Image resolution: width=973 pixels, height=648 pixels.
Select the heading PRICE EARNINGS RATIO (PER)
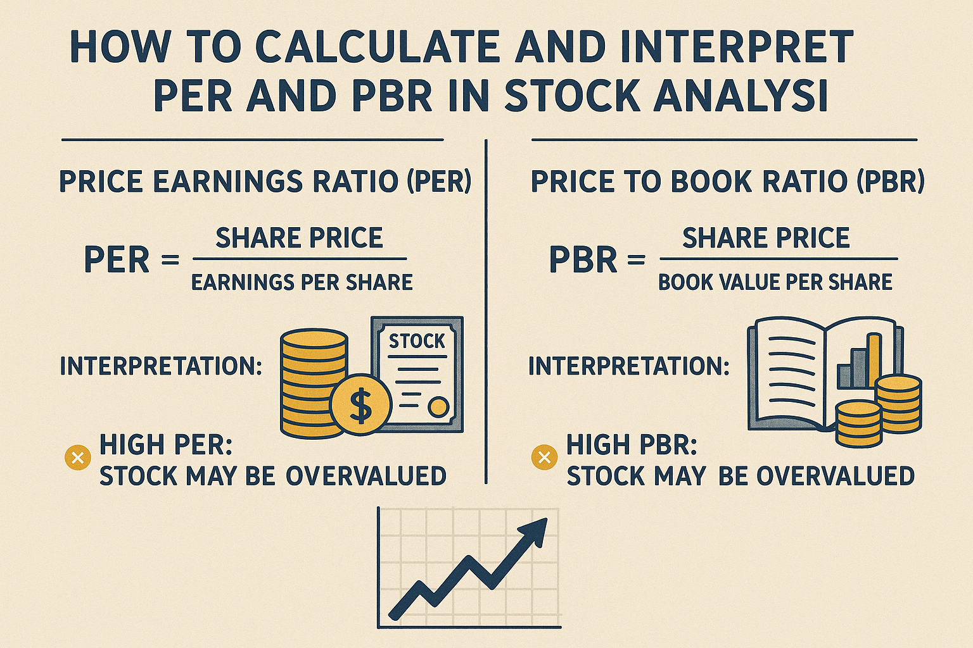click(265, 182)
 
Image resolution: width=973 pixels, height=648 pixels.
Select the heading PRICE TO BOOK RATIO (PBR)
click(727, 182)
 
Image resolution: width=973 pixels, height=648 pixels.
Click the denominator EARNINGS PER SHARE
click(302, 282)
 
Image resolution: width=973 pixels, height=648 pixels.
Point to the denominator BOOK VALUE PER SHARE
click(775, 282)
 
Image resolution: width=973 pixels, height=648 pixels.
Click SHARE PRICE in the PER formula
click(299, 238)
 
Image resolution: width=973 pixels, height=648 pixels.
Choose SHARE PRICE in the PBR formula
click(766, 238)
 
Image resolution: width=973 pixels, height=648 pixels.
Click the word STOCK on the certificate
click(417, 341)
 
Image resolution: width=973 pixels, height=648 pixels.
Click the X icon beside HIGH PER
click(78, 457)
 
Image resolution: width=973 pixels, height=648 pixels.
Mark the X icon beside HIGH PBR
click(544, 457)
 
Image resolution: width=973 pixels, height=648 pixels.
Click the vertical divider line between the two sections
click(485, 310)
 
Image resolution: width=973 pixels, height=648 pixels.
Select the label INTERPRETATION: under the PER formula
click(161, 366)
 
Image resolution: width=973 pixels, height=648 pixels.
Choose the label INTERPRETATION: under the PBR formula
click(629, 366)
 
